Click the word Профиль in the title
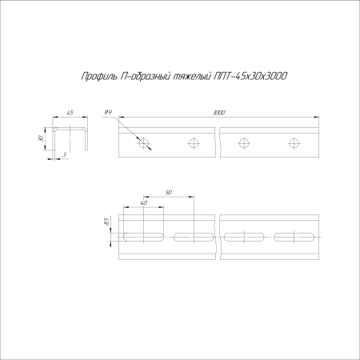click(x=98, y=77)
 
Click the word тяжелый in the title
click(x=192, y=77)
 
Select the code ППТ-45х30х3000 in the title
click(x=251, y=77)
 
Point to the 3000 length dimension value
click(x=218, y=114)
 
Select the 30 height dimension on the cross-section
click(x=42, y=138)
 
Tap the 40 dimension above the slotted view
click(x=143, y=203)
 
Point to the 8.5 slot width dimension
click(x=106, y=222)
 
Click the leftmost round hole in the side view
click(x=145, y=143)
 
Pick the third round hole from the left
click(x=244, y=143)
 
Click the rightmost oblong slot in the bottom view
click(x=294, y=236)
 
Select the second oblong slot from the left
click(x=193, y=236)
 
